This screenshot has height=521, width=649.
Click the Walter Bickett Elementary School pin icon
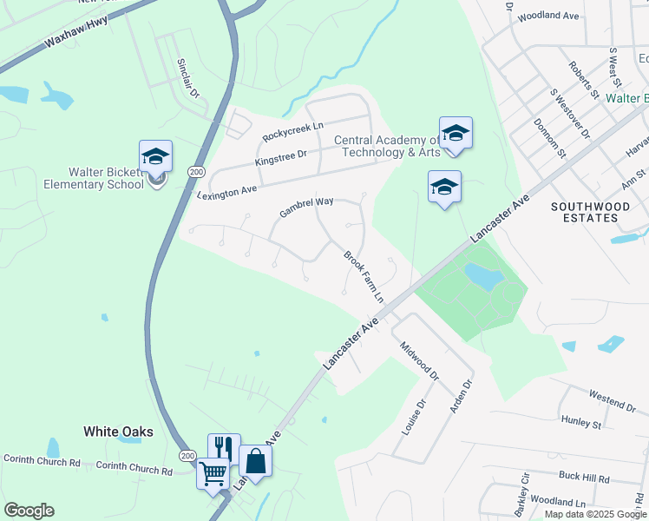click(x=156, y=156)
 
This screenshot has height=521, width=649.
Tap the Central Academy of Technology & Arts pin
click(x=456, y=133)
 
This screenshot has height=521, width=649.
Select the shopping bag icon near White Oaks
click(x=255, y=461)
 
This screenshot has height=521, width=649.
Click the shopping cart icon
click(x=213, y=474)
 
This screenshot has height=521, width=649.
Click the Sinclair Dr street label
click(x=188, y=78)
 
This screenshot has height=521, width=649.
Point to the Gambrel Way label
click(x=306, y=208)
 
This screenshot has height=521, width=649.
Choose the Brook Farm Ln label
click(x=364, y=276)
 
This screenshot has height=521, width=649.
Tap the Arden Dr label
click(x=461, y=396)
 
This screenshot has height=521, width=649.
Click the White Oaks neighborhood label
click(x=118, y=432)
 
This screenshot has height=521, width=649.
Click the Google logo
click(x=29, y=511)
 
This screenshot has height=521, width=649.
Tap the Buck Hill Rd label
click(x=584, y=478)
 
